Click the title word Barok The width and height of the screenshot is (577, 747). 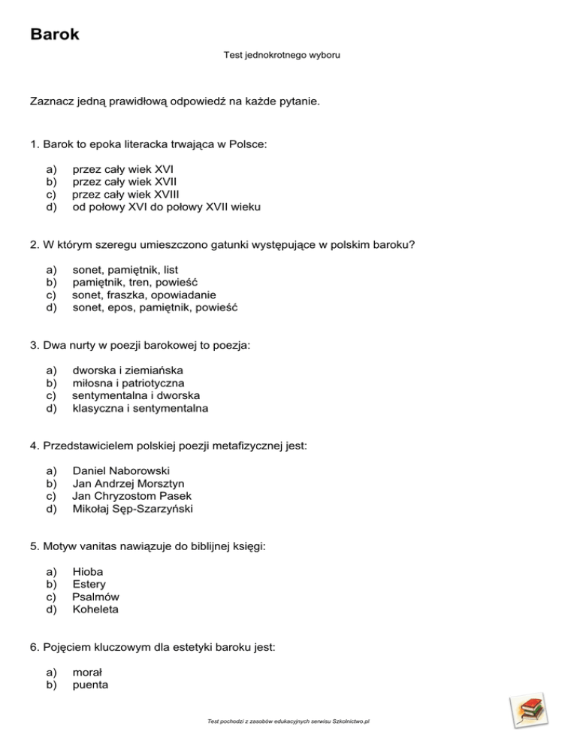tap(55, 34)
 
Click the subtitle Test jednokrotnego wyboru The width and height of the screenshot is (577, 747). tap(282, 55)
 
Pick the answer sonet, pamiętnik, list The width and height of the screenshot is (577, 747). tap(125, 269)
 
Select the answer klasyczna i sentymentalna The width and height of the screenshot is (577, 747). tap(140, 409)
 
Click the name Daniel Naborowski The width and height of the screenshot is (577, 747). tap(121, 470)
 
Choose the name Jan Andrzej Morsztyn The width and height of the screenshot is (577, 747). tap(128, 483)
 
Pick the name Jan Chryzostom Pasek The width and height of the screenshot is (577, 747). tap(131, 496)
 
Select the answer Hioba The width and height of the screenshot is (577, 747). tap(88, 571)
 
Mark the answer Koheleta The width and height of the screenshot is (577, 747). tap(95, 609)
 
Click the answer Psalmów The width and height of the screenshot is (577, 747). tap(95, 597)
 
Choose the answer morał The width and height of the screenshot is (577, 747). tap(87, 672)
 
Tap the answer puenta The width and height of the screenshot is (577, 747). tap(89, 685)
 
